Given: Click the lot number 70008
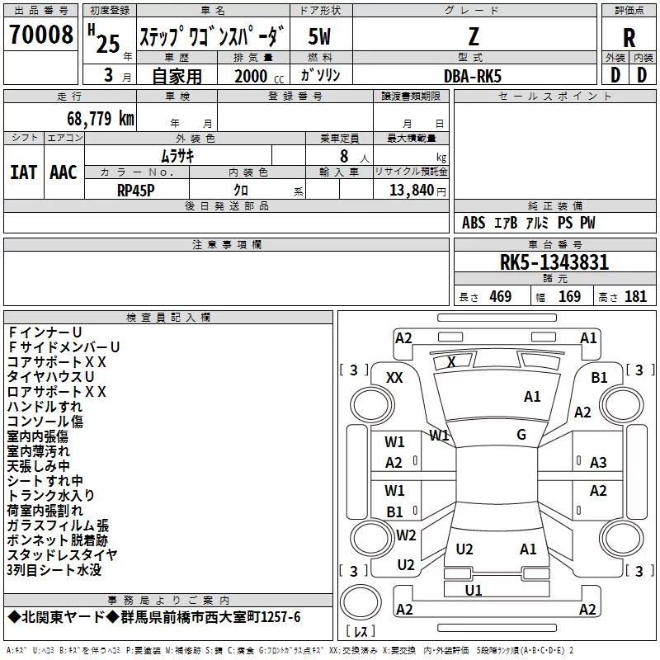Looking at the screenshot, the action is (x=40, y=35).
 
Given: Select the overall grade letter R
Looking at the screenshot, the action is (x=629, y=38).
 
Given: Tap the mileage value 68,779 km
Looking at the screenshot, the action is (x=100, y=119).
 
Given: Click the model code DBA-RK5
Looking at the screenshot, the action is (x=473, y=76).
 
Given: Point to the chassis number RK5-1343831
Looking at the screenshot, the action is (x=554, y=262).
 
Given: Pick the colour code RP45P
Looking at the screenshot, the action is (x=135, y=191).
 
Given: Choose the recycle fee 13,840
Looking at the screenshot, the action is (x=411, y=190).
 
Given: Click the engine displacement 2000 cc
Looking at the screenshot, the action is (x=259, y=76).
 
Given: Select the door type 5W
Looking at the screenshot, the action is (x=319, y=36).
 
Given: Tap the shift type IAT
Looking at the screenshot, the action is (x=24, y=172).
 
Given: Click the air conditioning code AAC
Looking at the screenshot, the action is (x=64, y=172).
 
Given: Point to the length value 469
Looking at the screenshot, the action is (x=500, y=296).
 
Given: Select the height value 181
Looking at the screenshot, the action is (x=635, y=296).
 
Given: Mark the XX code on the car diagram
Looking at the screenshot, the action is (x=394, y=378).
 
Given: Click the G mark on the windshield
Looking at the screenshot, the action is (x=521, y=434).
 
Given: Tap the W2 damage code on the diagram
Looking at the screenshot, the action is (x=406, y=535).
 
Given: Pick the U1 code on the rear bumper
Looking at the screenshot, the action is (x=473, y=590).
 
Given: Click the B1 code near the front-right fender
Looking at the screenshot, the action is (x=599, y=378).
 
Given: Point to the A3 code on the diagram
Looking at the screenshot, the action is (x=598, y=462).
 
